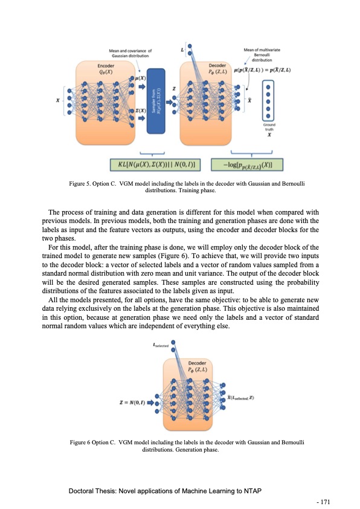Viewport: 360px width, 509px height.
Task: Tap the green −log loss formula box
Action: pyautogui.click(x=248, y=164)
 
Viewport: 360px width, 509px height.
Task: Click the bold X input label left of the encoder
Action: pyautogui.click(x=58, y=100)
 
